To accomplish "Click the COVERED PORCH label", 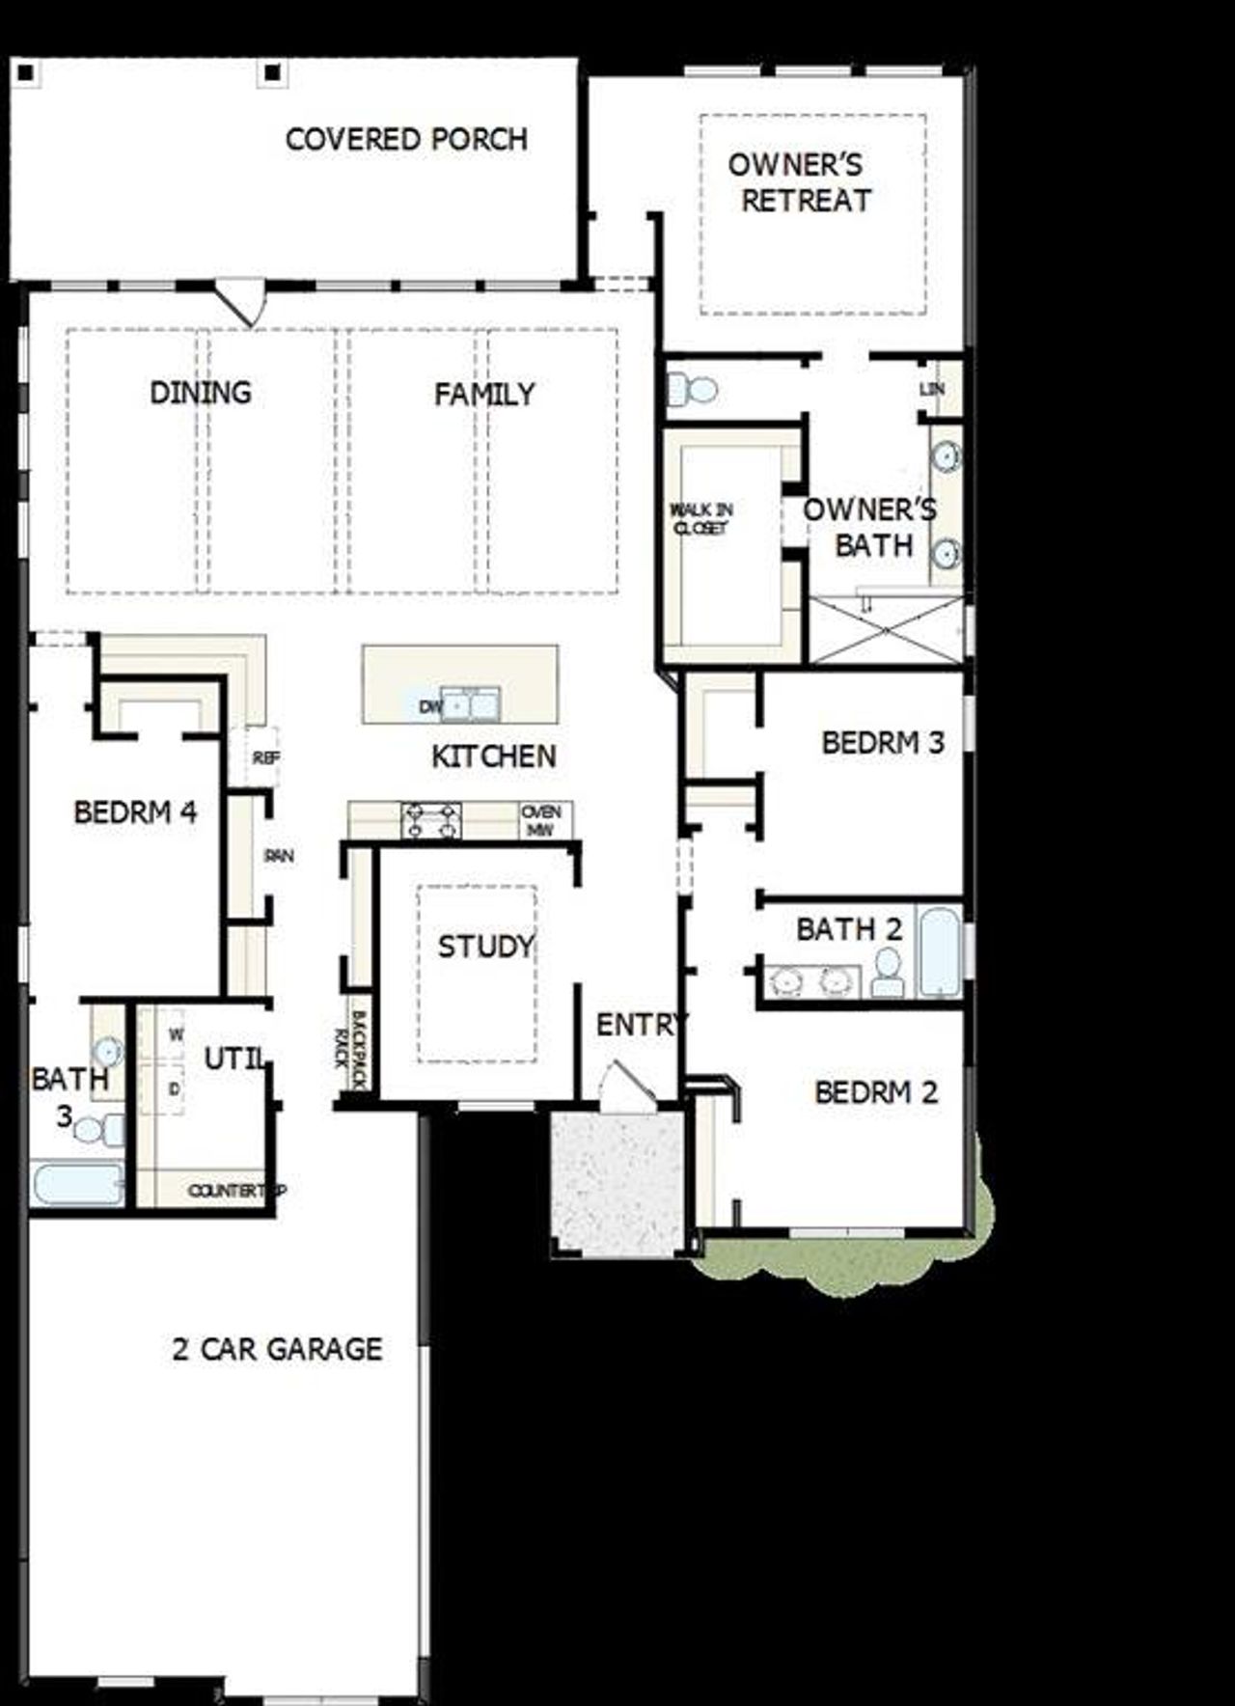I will click(406, 140).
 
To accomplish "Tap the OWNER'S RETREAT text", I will click(798, 182).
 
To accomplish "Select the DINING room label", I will click(201, 393).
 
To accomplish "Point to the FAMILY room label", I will click(483, 394).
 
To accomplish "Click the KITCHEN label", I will click(493, 757).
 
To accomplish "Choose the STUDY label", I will click(485, 947).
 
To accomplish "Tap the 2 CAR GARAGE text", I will click(277, 1349).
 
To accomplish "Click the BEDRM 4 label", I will click(135, 812).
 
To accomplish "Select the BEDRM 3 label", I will click(883, 743).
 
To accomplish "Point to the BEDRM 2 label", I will click(876, 1092).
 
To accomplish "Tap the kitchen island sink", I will click(471, 704).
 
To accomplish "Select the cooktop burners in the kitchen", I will click(431, 820).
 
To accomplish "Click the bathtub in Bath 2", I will click(939, 950).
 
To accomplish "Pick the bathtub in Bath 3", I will click(77, 1184).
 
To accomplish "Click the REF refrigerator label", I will click(265, 758).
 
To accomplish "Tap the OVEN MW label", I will click(541, 820).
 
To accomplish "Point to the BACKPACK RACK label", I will click(350, 1049).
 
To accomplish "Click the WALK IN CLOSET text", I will click(701, 519).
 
